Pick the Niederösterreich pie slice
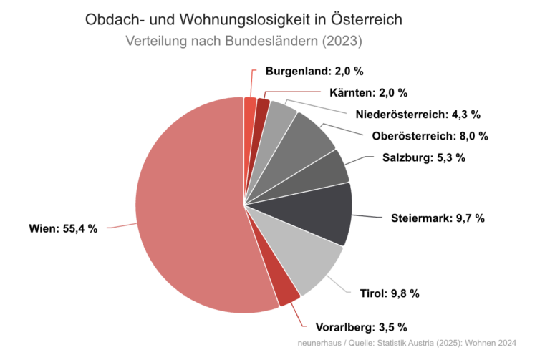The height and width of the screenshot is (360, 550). pos(281,118)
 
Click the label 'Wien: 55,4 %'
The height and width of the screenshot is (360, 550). pos(63,229)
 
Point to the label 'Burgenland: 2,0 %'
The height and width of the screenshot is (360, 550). pos(314,72)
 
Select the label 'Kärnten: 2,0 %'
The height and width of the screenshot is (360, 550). pos(368,93)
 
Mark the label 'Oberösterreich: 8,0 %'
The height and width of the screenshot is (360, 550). pos(430,136)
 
